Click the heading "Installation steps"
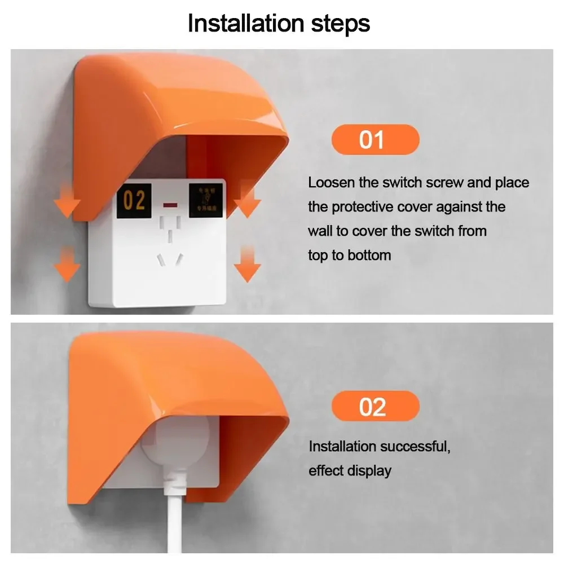point(279,23)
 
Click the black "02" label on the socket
point(134,201)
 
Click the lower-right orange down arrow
point(246,263)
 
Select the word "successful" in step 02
point(414,447)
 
